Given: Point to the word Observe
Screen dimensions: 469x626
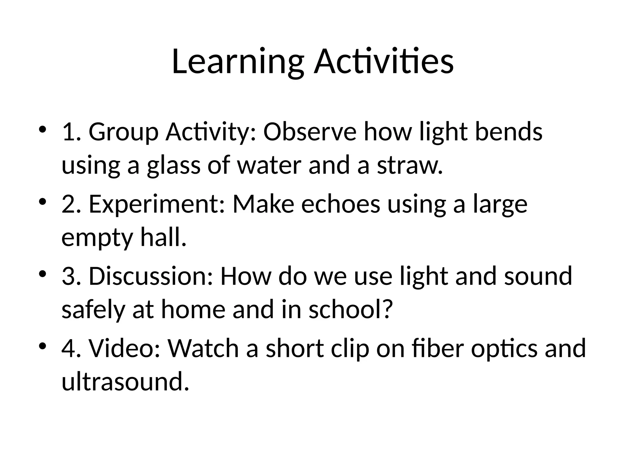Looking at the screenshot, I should click(310, 132).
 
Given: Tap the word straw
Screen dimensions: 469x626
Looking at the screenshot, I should click(410, 166).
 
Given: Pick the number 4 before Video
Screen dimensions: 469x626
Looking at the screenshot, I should click(68, 348).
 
